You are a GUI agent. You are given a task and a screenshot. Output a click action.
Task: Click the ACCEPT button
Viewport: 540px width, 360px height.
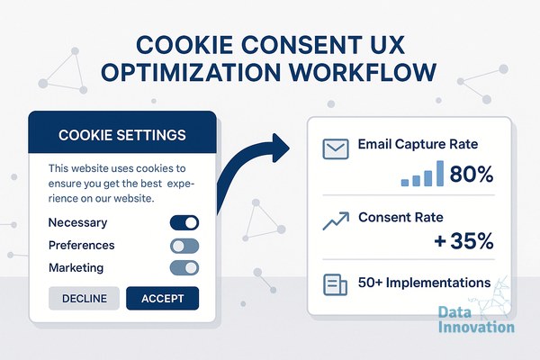coord(163,298)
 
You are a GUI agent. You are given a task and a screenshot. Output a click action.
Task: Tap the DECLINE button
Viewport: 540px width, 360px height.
coord(84,298)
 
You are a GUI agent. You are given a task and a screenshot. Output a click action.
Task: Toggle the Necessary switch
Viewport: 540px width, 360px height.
coord(184,222)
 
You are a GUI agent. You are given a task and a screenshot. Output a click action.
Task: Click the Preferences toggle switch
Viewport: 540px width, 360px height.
coord(184,246)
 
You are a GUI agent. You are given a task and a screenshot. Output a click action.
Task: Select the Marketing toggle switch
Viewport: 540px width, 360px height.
coord(184,268)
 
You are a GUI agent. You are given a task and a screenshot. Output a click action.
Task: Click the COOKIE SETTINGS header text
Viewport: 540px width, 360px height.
coord(122,135)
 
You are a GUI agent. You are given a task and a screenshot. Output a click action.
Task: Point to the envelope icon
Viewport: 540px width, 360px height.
coord(336,148)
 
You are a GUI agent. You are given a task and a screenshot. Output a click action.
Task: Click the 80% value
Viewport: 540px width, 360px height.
coord(472,174)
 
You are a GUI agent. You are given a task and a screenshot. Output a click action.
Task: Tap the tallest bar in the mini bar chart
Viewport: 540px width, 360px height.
coord(440,174)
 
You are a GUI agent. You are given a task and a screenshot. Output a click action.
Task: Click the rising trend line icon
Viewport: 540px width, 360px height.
coord(336,220)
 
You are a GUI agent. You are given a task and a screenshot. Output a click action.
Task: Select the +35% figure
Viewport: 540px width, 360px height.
coord(463,240)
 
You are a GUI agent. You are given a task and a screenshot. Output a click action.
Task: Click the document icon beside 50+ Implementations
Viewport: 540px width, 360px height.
coord(335,284)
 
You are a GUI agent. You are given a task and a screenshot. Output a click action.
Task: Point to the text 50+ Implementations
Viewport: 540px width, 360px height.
coord(424,283)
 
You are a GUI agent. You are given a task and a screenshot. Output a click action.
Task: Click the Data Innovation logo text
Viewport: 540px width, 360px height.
coord(476,319)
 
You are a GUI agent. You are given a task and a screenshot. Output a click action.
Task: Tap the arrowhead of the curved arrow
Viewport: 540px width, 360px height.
coord(280,148)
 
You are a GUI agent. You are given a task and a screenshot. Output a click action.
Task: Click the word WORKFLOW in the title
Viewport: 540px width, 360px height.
coord(363,72)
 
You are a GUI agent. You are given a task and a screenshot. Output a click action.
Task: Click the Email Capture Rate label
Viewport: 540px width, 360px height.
coord(418,144)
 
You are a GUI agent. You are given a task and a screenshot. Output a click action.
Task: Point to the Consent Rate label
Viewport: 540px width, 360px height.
coord(400,218)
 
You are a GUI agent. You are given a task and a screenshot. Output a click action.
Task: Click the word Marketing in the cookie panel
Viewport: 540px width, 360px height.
coord(76,267)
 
